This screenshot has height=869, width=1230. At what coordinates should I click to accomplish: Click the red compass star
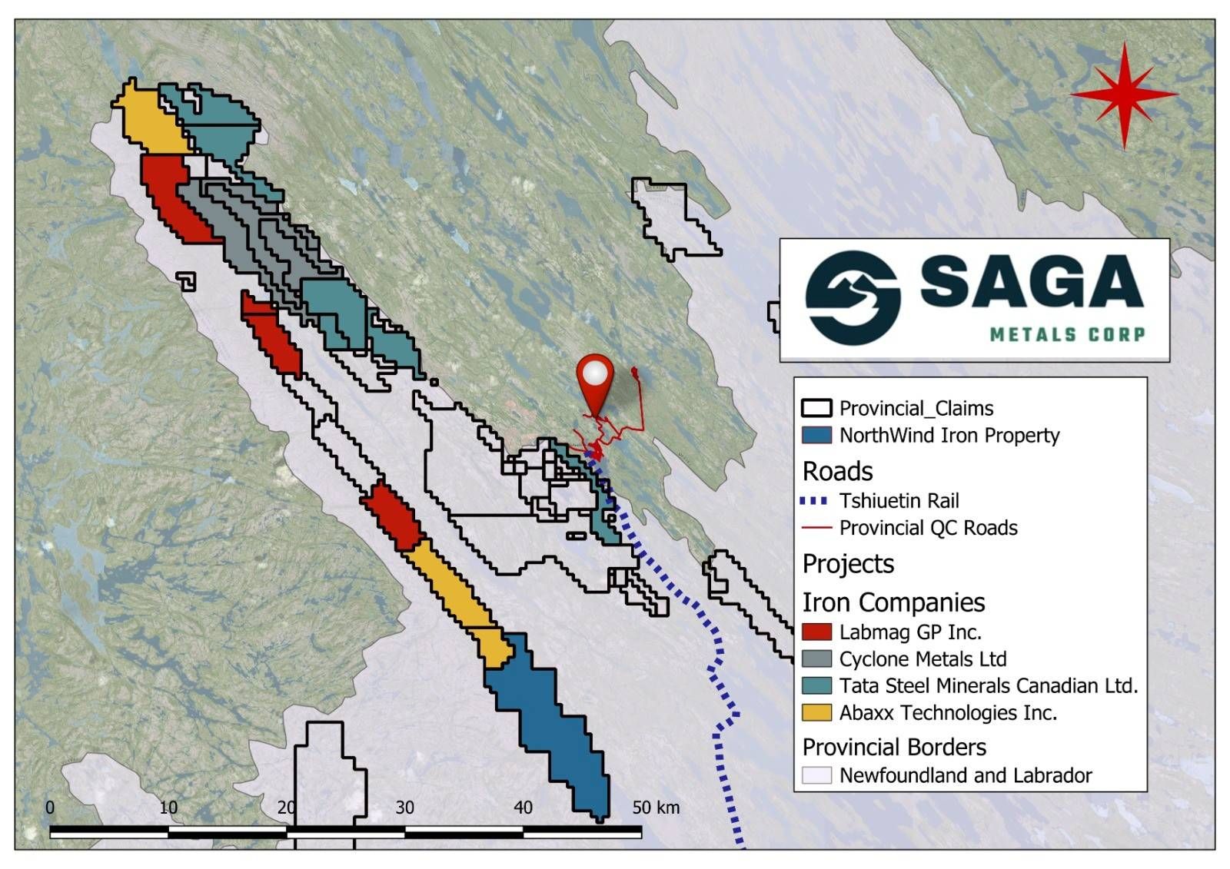1124,95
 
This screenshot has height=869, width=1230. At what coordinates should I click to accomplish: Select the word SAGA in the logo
1031,282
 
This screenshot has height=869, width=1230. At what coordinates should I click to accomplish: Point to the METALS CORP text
1067,334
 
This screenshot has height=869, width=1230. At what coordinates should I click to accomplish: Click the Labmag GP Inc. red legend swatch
816,632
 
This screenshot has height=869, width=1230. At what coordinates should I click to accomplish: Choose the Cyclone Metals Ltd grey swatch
816,659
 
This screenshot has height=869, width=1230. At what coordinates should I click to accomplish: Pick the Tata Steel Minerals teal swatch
816,686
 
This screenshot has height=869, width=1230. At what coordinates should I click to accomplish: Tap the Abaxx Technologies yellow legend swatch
816,713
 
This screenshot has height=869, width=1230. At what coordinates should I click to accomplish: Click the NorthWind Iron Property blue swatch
816,436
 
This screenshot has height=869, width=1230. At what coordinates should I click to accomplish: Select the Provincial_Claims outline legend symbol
816,408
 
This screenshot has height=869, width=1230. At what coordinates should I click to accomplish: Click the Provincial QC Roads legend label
928,529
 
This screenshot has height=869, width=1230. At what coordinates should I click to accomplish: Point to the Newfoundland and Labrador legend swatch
816,775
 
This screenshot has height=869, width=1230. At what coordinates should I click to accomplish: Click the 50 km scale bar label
656,808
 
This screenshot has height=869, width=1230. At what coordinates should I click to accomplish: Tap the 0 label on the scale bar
50,808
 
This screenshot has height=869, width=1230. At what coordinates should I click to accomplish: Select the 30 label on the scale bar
404,808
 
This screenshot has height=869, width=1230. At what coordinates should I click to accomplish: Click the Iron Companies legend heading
893,602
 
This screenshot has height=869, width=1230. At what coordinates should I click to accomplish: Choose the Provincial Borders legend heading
894,747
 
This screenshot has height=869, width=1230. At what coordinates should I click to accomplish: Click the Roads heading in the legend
837,471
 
